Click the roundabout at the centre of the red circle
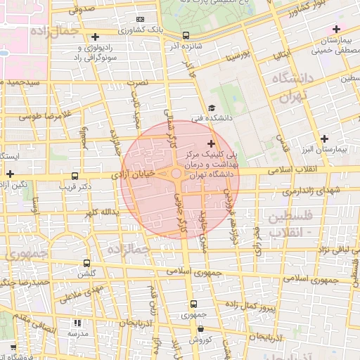[x=175, y=174]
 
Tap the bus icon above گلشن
[x=87, y=262]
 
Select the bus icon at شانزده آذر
[x=185, y=35]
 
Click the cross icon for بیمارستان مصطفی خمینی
[x=336, y=30]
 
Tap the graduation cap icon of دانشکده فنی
[x=212, y=108]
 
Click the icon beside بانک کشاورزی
[x=141, y=20]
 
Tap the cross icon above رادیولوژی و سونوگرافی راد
[x=95, y=37]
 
